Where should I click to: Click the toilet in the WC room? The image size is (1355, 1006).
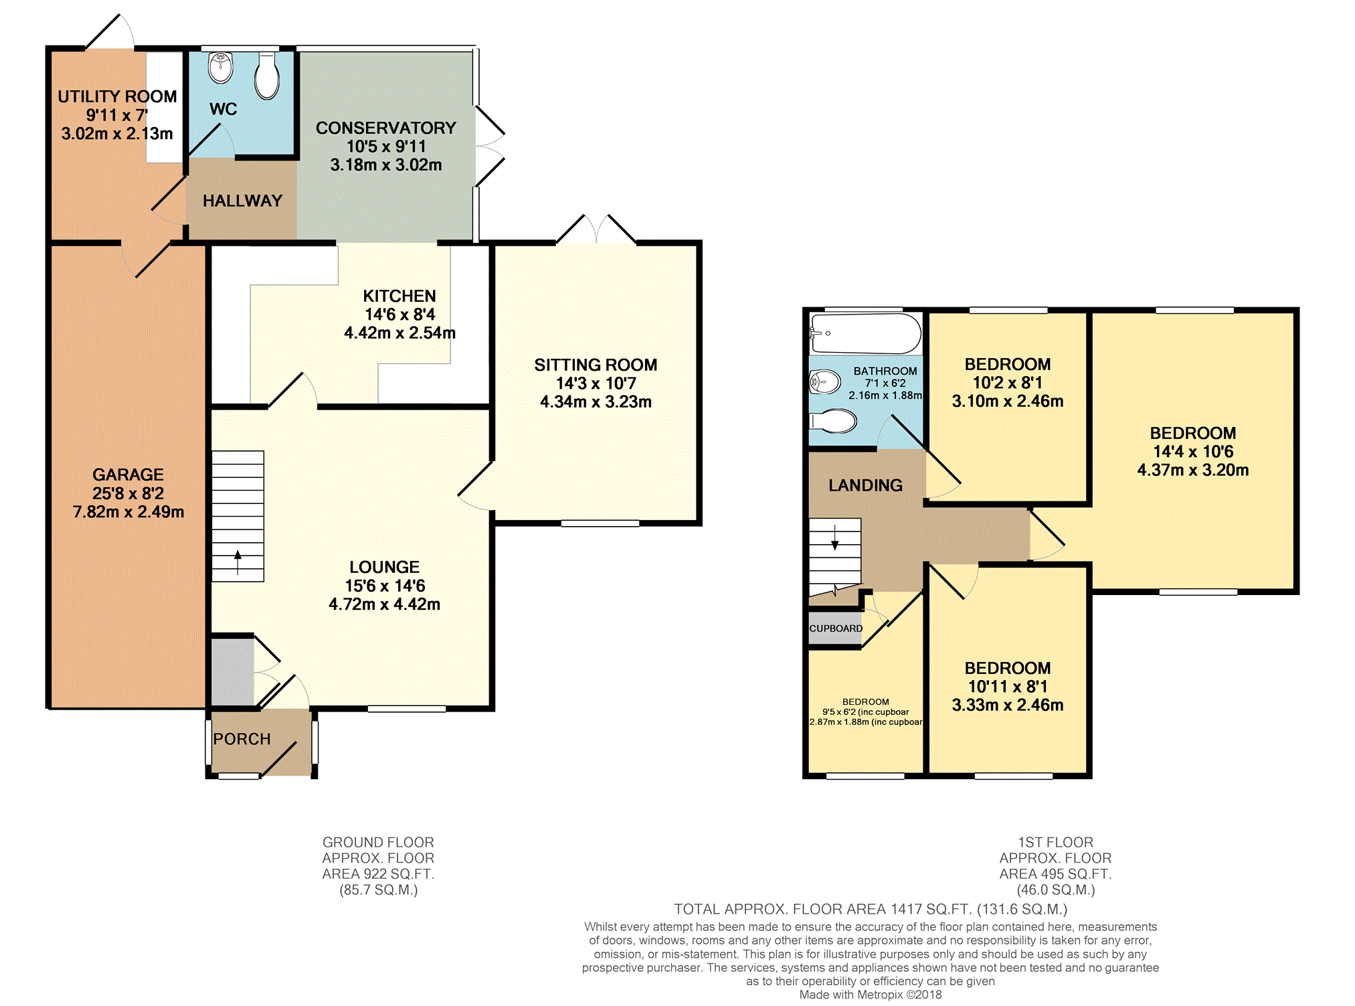[266, 76]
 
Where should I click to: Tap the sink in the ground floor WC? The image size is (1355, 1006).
[220, 66]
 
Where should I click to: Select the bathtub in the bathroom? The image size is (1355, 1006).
[865, 333]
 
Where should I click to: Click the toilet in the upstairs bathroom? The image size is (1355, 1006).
[833, 421]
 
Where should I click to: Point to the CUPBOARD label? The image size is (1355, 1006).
[836, 628]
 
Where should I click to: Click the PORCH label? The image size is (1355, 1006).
[242, 739]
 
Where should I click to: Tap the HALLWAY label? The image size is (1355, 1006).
[242, 201]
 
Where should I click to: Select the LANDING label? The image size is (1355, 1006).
[865, 485]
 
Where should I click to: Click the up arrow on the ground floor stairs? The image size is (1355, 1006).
[238, 562]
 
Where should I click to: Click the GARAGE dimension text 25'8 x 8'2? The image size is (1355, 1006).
[128, 493]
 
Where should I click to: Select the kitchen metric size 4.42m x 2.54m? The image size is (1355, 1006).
[399, 333]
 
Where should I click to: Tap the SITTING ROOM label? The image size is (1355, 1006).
[596, 365]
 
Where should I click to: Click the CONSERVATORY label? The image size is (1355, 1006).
[386, 128]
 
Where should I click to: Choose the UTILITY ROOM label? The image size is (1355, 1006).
[117, 96]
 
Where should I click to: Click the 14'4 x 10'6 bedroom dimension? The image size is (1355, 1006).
[1193, 452]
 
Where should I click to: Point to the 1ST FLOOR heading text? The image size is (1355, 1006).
[1055, 842]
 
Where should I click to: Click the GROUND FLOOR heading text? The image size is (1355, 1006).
[378, 842]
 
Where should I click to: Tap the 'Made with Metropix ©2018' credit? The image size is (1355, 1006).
[871, 995]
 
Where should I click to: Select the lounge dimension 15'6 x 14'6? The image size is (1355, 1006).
[385, 586]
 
